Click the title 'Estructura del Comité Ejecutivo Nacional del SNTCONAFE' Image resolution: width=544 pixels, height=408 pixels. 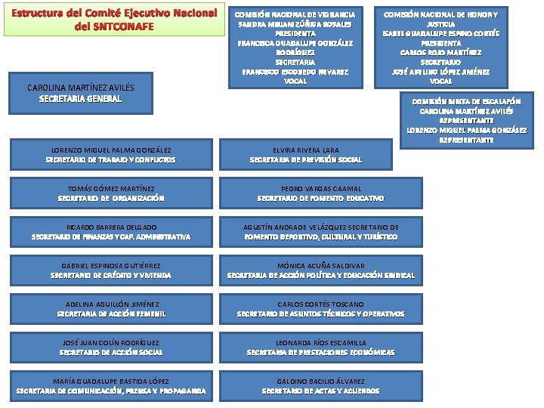click(114, 20)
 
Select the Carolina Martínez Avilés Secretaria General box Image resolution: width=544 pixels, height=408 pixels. click(74, 93)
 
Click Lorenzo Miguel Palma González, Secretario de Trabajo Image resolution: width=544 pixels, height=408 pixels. click(111, 155)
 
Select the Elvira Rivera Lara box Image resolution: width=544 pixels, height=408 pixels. click(305, 155)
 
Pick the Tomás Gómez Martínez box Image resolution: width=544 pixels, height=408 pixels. click(111, 193)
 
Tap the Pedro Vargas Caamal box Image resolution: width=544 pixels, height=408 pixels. click(320, 193)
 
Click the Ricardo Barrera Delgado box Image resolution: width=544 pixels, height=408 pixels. click(111, 231)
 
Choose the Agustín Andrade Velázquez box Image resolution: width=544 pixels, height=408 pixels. click(320, 231)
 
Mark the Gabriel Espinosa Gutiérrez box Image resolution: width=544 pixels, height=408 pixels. click(111, 270)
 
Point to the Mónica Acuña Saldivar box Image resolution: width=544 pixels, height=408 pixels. click(320, 270)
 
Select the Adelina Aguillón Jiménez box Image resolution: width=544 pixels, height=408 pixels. click(111, 308)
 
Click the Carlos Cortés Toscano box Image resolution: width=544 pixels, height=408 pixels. click(320, 308)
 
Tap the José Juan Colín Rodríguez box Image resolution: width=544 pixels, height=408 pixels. click(111, 347)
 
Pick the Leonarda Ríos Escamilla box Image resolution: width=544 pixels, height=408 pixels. click(320, 347)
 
